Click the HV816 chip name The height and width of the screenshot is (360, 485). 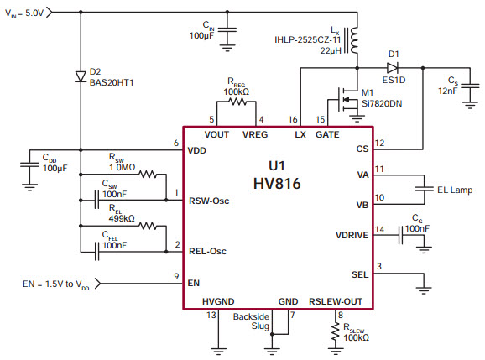pos(279,181)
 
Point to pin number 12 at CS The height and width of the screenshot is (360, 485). pos(380,142)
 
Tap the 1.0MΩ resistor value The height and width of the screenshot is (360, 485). pos(122,167)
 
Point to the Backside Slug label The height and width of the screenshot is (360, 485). pos(251,321)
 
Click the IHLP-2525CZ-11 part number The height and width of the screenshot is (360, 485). pos(307,39)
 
